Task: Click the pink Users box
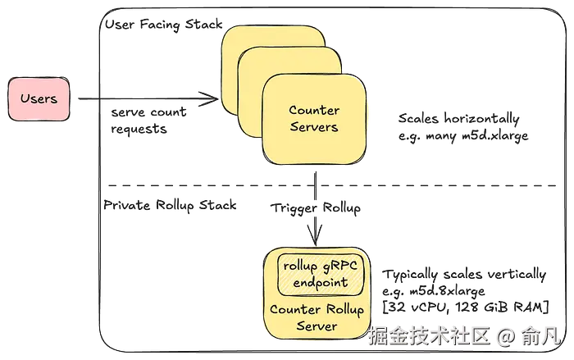pos(39,99)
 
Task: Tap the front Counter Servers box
pos(313,119)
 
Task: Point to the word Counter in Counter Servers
pos(313,111)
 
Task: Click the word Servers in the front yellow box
pos(313,127)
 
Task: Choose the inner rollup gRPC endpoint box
pos(321,275)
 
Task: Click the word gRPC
pos(339,267)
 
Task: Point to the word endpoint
pos(321,283)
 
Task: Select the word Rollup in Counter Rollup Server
pos(337,310)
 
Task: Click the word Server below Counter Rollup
pos(316,326)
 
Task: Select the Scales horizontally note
pos(463,127)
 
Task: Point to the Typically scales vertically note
pos(464,289)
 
